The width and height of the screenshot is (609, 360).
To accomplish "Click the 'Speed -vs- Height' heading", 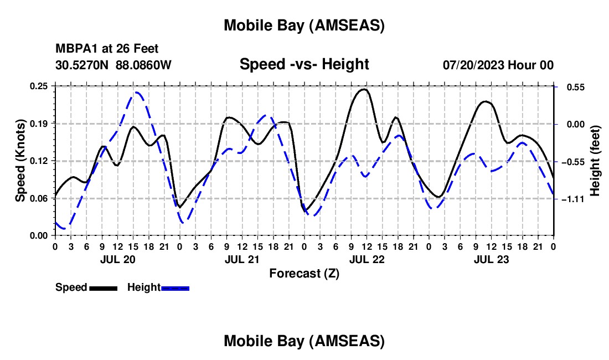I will tap(304, 65).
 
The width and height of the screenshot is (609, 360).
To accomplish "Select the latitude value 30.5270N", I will tap(82, 65).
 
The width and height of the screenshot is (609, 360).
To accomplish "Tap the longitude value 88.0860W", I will tap(143, 65).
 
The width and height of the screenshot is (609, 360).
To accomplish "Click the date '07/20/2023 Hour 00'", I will tap(498, 65).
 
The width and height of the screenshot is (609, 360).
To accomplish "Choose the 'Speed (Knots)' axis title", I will tap(20, 161).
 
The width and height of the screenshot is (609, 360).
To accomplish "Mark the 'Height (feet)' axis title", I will tap(596, 161).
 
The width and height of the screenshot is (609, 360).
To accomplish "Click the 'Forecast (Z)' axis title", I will tap(304, 273).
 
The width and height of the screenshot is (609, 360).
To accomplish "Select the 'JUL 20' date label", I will tap(117, 259).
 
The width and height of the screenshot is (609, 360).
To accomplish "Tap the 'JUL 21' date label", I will tap(241, 259).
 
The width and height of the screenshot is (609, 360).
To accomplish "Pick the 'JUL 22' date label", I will tap(367, 259).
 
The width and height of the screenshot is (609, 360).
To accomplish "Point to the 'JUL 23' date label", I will tap(491, 259).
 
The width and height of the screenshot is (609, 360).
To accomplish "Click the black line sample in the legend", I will tap(103, 288).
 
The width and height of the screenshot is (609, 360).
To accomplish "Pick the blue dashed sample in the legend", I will tap(176, 288).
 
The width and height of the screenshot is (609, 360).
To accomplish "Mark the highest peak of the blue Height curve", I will tap(136, 92).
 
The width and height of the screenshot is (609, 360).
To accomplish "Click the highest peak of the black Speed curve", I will tap(363, 89).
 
